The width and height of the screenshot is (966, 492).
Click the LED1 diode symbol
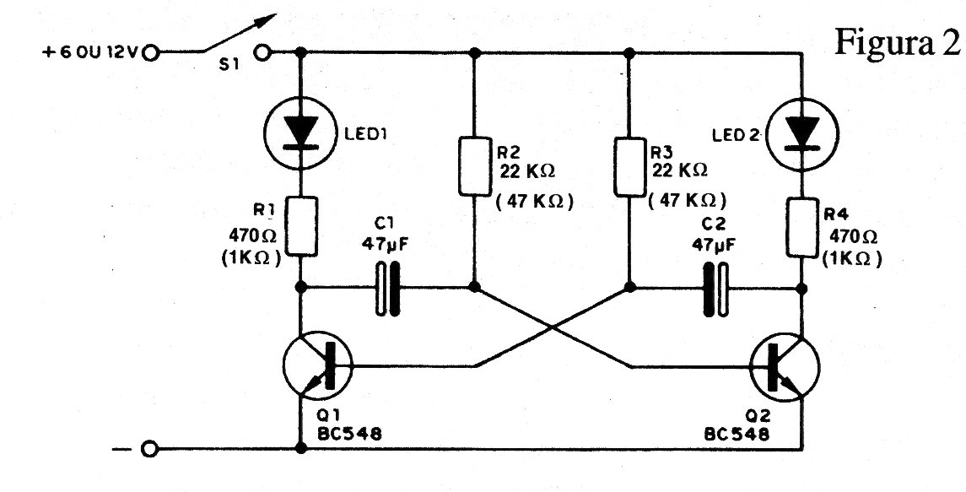coord(300,133)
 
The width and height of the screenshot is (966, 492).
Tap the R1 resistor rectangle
coord(301,226)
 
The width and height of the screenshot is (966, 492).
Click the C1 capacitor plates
coord(386,288)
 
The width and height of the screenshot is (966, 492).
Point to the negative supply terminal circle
coord(150,448)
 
